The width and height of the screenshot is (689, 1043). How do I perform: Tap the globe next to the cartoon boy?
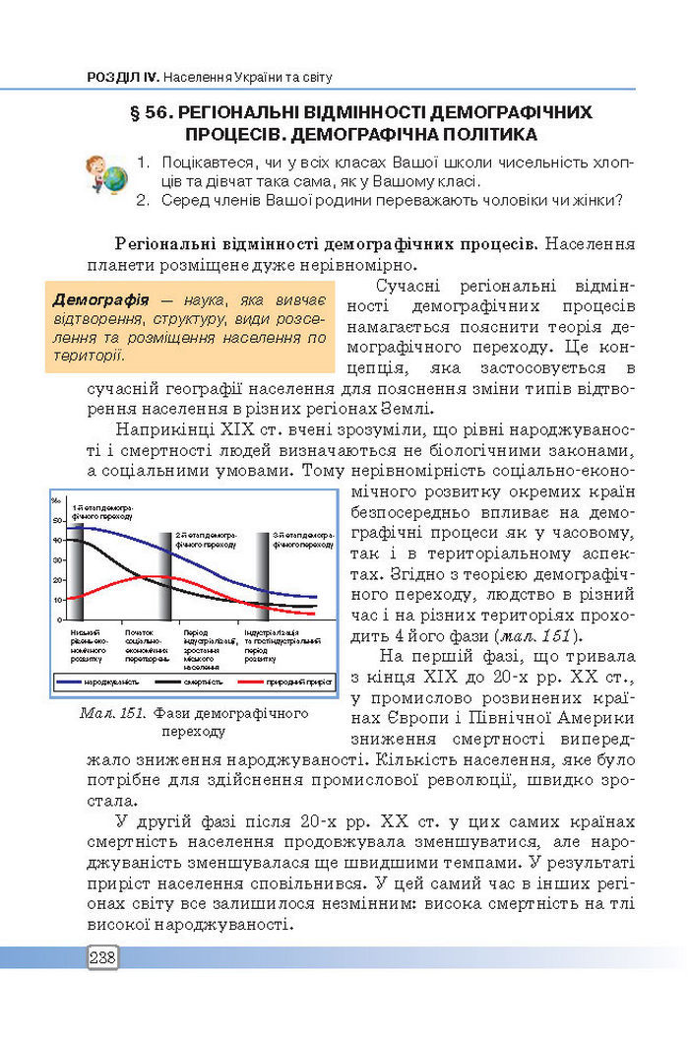115,179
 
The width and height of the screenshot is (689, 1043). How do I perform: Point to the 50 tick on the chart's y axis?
58,521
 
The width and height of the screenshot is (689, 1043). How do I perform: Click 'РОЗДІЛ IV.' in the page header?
122,77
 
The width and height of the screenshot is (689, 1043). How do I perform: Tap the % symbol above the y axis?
57,501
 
